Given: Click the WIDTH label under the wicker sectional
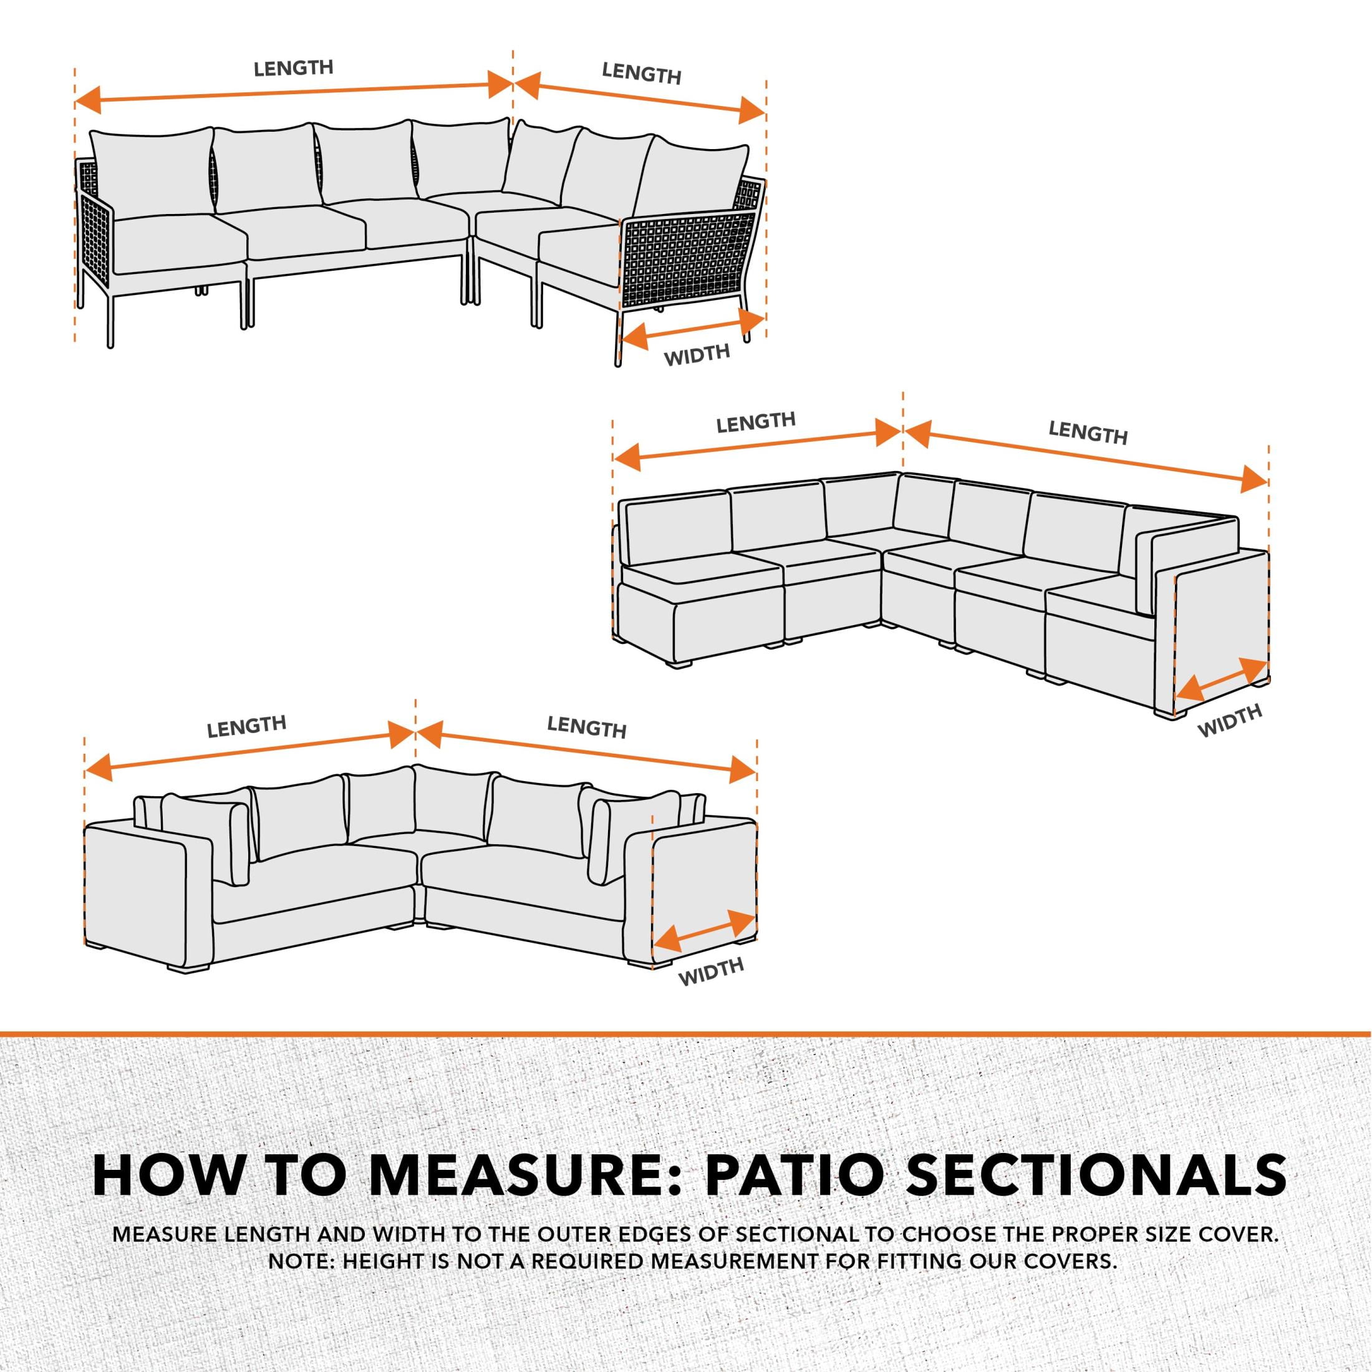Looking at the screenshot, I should tap(697, 354).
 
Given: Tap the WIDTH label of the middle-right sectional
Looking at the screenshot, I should tap(1229, 721).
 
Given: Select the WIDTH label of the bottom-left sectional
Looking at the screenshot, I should tap(710, 971).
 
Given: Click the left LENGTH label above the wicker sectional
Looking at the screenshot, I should tap(293, 68).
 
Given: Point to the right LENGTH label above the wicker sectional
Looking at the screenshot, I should tap(641, 72).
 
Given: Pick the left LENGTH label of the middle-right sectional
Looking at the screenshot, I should tap(756, 422).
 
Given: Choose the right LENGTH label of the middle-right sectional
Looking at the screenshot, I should tap(1088, 432).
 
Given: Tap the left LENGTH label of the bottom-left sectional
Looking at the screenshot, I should tap(246, 726).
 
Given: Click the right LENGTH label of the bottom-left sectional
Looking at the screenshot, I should tap(587, 727).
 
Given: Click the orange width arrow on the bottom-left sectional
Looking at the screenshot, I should tap(703, 932).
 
